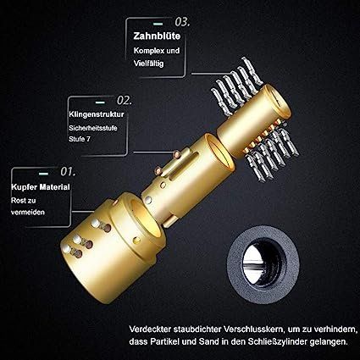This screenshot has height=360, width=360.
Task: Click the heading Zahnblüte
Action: (157, 36)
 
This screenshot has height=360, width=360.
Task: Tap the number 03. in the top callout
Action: (182, 22)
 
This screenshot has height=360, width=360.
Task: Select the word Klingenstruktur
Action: (97, 114)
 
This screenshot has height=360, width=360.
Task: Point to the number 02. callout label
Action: (125, 101)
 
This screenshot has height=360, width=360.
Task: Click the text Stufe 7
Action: (80, 139)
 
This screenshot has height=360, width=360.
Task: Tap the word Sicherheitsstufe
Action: (93, 128)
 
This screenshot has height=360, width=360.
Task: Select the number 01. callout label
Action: (68, 172)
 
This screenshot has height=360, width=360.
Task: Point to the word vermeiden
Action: (28, 212)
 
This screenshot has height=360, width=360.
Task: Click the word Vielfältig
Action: (148, 64)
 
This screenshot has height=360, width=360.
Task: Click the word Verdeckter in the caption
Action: (150, 330)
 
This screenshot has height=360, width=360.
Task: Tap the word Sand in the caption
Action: (208, 341)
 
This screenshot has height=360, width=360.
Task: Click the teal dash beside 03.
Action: (158, 25)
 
